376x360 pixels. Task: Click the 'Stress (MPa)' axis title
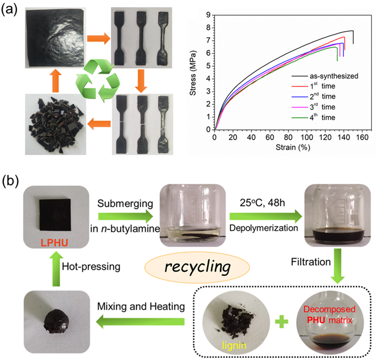193,72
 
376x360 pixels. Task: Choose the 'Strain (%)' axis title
292,147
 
